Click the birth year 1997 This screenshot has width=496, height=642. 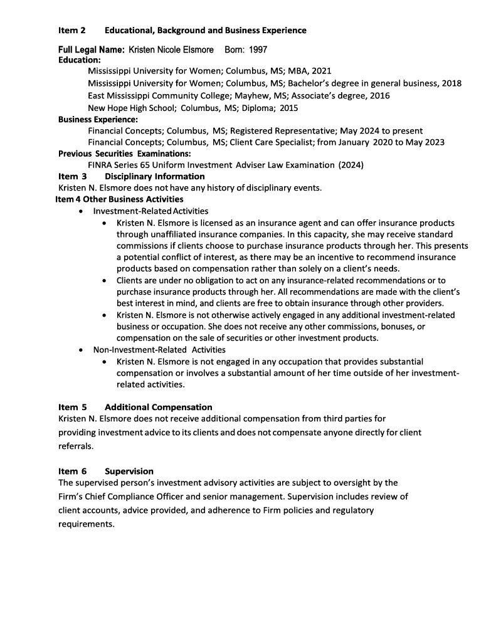[x=260, y=50]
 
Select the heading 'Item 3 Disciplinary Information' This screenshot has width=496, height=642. [x=131, y=176]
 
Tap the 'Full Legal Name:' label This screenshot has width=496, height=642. [x=92, y=50]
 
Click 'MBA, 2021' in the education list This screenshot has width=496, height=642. [x=310, y=71]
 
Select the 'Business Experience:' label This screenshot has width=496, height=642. [x=98, y=119]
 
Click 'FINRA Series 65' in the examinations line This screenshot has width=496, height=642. [x=120, y=165]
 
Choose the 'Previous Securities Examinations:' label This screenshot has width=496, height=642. [x=124, y=154]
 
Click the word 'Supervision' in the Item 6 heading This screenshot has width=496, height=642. [x=129, y=471]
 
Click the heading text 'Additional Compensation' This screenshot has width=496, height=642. [x=159, y=407]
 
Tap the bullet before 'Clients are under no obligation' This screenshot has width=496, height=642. [x=104, y=280]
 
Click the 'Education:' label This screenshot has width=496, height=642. [x=80, y=60]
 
